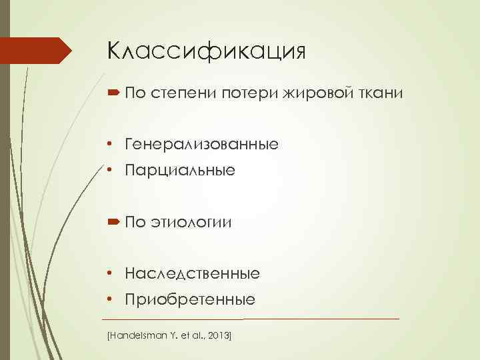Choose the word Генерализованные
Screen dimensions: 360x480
(202, 144)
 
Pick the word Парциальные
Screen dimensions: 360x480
(180, 171)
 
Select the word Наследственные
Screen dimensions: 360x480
(193, 273)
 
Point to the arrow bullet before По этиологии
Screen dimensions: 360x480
(112, 222)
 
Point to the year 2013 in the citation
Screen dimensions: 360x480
(217, 331)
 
